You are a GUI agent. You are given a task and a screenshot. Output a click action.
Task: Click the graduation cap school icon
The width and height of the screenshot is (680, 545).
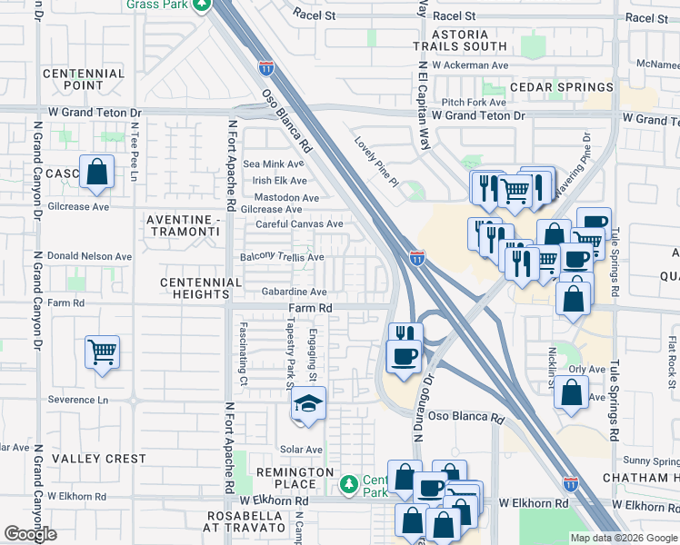308,402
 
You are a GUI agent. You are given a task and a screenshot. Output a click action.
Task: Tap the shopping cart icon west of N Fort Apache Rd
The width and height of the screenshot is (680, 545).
102,351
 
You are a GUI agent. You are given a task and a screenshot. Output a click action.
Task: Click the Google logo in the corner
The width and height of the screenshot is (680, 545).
31,534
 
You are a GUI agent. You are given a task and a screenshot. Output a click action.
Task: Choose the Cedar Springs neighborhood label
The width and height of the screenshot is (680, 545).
561,87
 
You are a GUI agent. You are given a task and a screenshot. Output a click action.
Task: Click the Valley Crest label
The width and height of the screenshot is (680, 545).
98,459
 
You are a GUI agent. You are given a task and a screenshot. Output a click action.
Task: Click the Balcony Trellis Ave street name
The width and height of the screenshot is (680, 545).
282,258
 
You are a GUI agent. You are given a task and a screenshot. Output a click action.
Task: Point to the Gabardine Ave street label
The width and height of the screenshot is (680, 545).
294,292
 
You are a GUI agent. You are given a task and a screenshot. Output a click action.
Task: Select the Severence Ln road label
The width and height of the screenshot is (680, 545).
77,400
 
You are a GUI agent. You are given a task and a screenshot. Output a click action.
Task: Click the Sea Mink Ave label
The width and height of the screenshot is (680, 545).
275,164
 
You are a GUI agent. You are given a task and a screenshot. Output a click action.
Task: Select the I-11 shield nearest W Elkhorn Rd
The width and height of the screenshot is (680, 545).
570,484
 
